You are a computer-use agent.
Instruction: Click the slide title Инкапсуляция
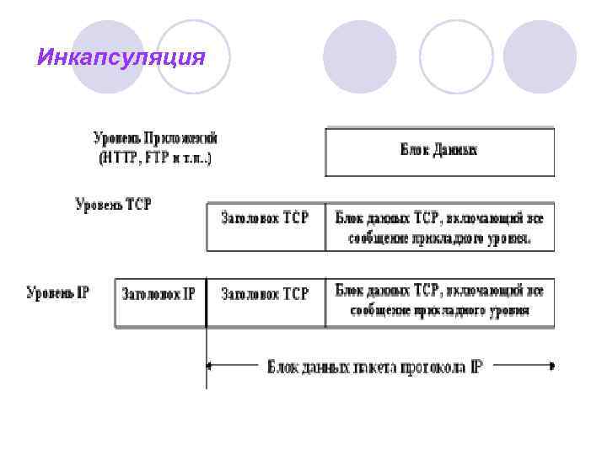click(121, 57)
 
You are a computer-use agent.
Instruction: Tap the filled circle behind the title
click(105, 56)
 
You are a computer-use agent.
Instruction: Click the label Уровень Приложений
click(155, 137)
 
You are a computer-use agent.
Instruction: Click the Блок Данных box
click(439, 152)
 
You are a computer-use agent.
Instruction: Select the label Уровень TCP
click(114, 205)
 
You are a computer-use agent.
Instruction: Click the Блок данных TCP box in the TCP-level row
click(439, 227)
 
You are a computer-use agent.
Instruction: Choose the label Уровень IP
click(57, 293)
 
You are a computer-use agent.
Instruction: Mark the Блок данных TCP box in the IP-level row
click(439, 301)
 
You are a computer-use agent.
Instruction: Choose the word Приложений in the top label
click(181, 137)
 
